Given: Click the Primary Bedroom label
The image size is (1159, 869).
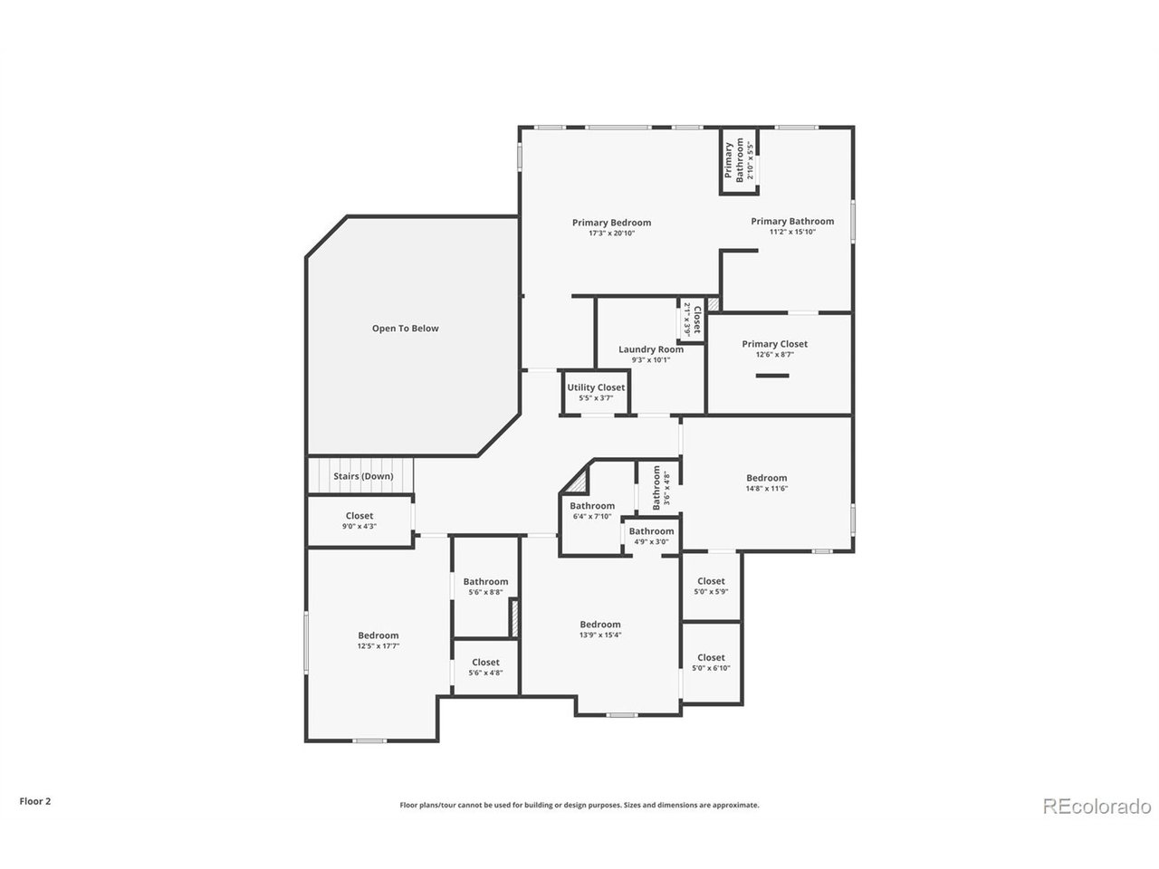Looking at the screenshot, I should pyautogui.click(x=611, y=223).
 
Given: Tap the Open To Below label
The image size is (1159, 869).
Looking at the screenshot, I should pyautogui.click(x=405, y=329).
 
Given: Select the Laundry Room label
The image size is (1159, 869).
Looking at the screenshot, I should pyautogui.click(x=650, y=349).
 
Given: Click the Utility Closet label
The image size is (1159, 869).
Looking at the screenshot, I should pyautogui.click(x=596, y=387).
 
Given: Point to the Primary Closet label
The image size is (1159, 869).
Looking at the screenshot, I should pyautogui.click(x=774, y=344).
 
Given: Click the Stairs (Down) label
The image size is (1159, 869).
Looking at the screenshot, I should pyautogui.click(x=363, y=476).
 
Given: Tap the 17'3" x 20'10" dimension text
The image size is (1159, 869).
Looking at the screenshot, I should pyautogui.click(x=611, y=234).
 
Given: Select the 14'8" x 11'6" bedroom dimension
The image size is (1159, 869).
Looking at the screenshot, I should pyautogui.click(x=766, y=489).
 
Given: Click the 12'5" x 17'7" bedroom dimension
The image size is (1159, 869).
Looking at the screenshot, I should pyautogui.click(x=378, y=646).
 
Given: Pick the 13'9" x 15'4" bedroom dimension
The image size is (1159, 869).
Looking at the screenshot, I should pyautogui.click(x=600, y=635).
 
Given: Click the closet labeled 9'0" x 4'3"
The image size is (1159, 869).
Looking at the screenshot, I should pyautogui.click(x=359, y=520).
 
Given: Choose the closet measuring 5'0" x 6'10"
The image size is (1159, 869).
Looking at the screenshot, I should pyautogui.click(x=711, y=663).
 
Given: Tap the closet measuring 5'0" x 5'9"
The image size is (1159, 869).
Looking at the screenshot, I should pyautogui.click(x=711, y=586).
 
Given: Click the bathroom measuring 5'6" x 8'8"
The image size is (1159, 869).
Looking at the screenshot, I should pyautogui.click(x=485, y=587).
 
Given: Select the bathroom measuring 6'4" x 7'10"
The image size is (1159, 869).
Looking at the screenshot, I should pyautogui.click(x=592, y=511).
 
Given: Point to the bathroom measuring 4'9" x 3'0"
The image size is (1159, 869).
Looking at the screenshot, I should pyautogui.click(x=651, y=536).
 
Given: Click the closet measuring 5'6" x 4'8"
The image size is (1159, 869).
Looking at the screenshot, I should pyautogui.click(x=485, y=667).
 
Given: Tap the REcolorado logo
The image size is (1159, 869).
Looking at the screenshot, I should pyautogui.click(x=1097, y=806).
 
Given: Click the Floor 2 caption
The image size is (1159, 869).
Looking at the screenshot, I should pyautogui.click(x=35, y=801).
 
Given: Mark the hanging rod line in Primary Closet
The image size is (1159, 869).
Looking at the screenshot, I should pyautogui.click(x=772, y=376).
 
